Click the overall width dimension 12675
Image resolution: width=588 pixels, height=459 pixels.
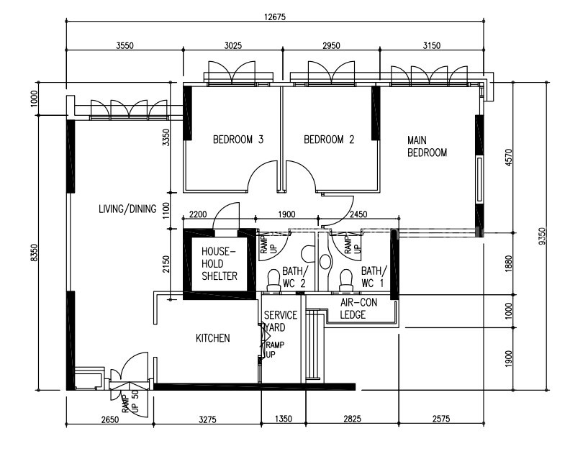pos(274,17)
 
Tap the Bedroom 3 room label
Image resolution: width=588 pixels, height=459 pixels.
pos(238,140)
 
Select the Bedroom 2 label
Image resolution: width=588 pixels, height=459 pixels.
pos(329,140)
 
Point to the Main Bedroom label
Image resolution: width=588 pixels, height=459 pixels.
pos(427,146)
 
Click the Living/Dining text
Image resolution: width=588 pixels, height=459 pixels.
pos(127,209)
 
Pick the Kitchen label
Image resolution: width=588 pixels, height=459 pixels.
pos(212,338)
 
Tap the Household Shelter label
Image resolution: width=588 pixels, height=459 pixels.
pos(220,263)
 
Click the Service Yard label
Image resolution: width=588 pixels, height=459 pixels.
pos(281,321)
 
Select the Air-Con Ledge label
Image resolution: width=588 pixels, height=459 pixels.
pos(358,308)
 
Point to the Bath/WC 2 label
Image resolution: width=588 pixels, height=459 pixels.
pos(295,277)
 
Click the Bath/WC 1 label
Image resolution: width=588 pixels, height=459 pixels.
pos(374,277)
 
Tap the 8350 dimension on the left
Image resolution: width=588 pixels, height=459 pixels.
pos(34,253)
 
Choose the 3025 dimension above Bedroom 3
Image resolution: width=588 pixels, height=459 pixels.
pos(233,46)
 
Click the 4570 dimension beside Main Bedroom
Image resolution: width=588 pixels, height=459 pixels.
pos(509,158)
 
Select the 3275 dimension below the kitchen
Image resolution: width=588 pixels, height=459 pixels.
pos(207,419)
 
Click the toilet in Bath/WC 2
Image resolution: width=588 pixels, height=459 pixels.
pos(273,280)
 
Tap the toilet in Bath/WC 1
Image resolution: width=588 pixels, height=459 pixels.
pos(345,280)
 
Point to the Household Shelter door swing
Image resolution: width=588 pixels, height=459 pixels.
pos(226,215)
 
